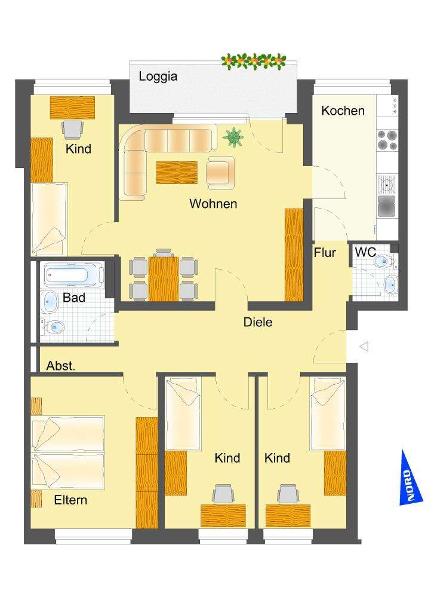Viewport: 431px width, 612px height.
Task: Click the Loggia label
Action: click(x=158, y=76)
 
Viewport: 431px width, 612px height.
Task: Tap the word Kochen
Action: click(x=343, y=111)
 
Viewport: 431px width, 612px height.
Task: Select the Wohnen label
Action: click(x=213, y=204)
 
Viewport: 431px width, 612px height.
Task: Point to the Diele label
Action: click(x=258, y=322)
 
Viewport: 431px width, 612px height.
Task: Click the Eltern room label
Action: click(x=70, y=500)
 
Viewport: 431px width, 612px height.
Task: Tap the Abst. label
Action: click(x=61, y=366)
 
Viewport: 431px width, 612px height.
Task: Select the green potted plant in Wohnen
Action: click(x=233, y=137)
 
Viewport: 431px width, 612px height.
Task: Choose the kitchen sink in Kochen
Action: click(x=387, y=184)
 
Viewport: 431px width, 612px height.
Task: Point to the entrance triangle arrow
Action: click(x=364, y=346)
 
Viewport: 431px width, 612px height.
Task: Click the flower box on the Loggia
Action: click(x=254, y=60)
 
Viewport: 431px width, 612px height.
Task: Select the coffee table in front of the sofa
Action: click(x=176, y=173)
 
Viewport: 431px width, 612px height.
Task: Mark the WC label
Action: click(x=365, y=252)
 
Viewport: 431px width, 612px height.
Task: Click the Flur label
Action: click(x=325, y=252)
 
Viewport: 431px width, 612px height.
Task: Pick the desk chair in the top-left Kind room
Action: click(x=72, y=127)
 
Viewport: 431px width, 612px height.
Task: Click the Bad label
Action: click(x=74, y=297)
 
